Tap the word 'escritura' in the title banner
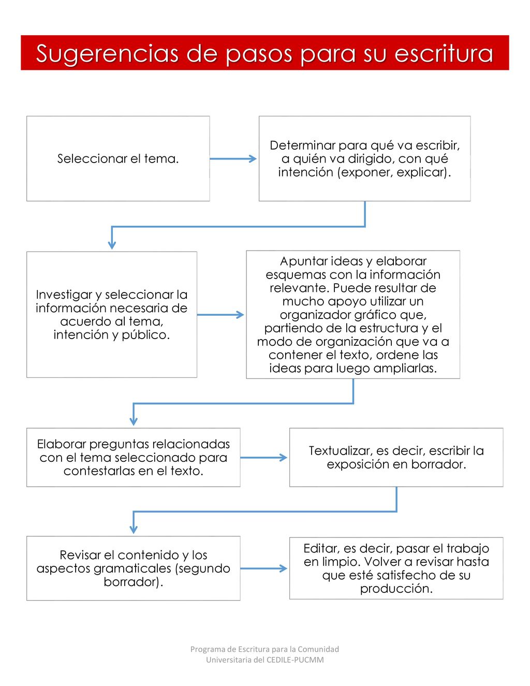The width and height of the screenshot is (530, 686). pyautogui.click(x=444, y=53)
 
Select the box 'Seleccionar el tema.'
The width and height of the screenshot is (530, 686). pyautogui.click(x=118, y=158)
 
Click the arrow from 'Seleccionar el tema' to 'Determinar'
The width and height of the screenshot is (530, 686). pyautogui.click(x=233, y=158)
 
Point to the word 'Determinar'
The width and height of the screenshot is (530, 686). pyautogui.click(x=302, y=145)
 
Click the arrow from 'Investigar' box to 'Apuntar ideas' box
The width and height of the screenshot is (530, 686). pyautogui.click(x=220, y=315)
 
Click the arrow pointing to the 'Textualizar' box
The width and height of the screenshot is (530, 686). pyautogui.click(x=263, y=458)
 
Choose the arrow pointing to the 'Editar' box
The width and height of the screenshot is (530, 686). pyautogui.click(x=263, y=568)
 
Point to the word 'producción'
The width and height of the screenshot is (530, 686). pyautogui.click(x=396, y=589)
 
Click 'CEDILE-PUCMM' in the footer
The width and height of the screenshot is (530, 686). pyautogui.click(x=295, y=660)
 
